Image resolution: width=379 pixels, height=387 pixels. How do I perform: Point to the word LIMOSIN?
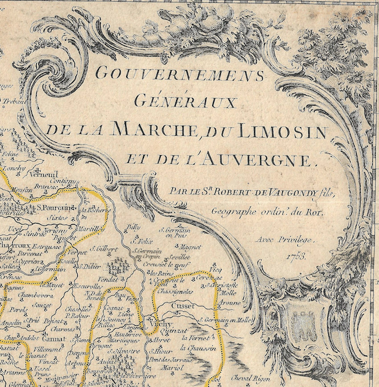tap(283, 131)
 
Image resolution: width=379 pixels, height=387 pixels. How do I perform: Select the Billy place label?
tap(134, 227)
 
